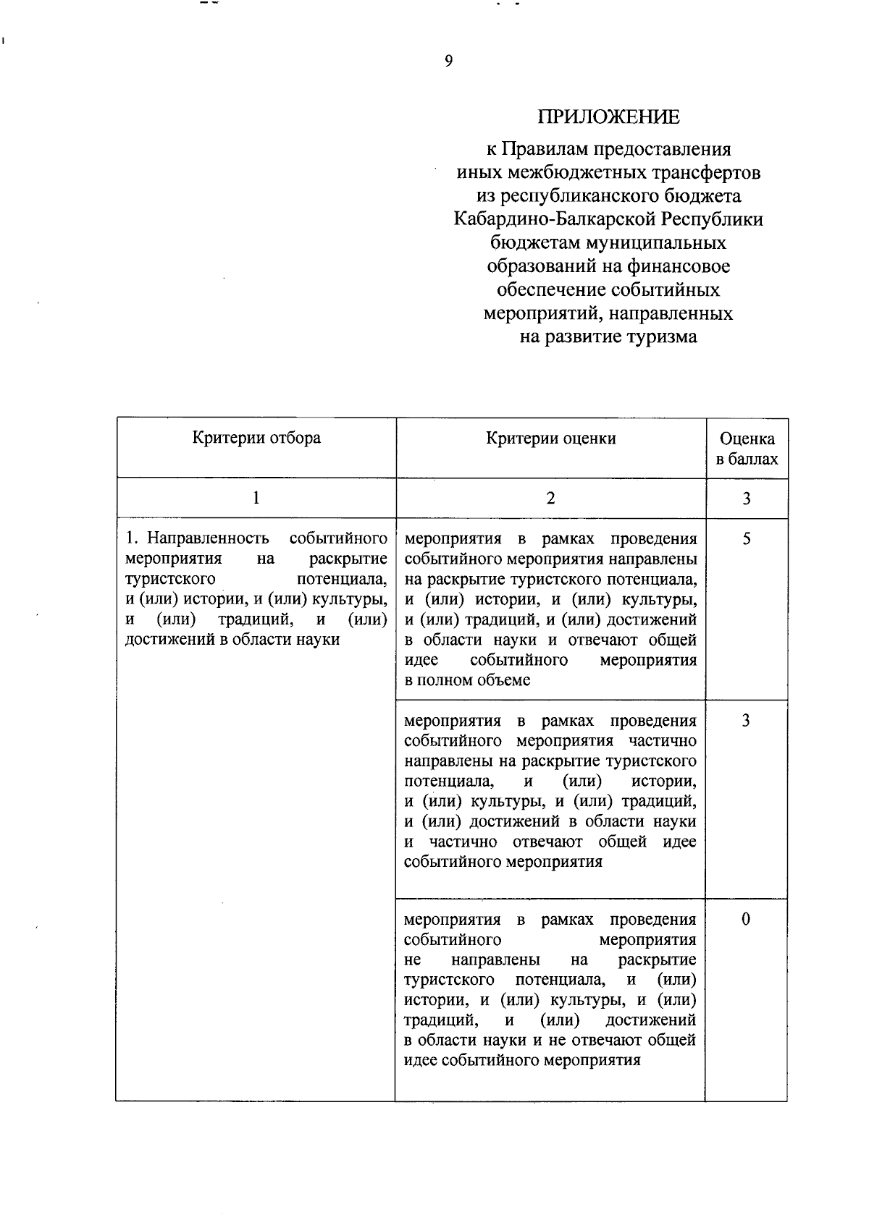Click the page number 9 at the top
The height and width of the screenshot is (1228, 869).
click(x=448, y=62)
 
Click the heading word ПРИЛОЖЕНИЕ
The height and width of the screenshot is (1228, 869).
click(x=608, y=117)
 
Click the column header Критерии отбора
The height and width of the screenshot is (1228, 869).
click(x=256, y=438)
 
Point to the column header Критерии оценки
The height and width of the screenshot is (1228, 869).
click(x=550, y=438)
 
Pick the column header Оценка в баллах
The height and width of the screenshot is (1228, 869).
click(x=747, y=449)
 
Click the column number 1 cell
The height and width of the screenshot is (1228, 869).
click(x=256, y=498)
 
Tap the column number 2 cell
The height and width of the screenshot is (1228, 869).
click(x=550, y=498)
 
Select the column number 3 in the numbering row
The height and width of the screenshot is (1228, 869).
click(x=747, y=498)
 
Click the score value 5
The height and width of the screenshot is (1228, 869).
click(x=747, y=539)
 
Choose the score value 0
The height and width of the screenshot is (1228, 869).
click(x=746, y=920)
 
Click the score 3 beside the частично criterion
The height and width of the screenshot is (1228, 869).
click(x=746, y=721)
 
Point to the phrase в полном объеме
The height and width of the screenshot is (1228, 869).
click(x=467, y=680)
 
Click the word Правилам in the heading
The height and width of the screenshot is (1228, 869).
click(x=547, y=149)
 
